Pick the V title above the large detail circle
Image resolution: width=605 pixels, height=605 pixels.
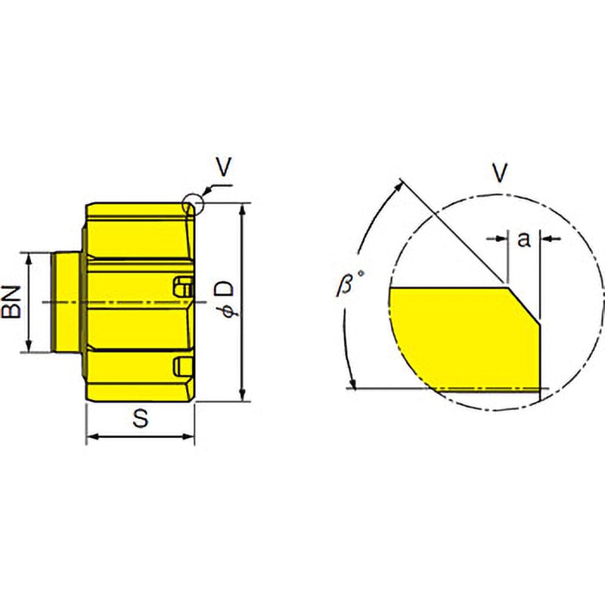pyautogui.click(x=499, y=174)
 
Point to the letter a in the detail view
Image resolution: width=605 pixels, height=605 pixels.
pyautogui.click(x=523, y=240)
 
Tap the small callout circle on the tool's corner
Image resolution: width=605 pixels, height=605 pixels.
pyautogui.click(x=192, y=204)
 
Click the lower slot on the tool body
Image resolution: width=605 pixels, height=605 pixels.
pyautogui.click(x=181, y=365)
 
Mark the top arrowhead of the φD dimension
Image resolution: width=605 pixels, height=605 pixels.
pyautogui.click(x=241, y=209)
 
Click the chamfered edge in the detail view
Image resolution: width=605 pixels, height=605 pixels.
pyautogui.click(x=524, y=303)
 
